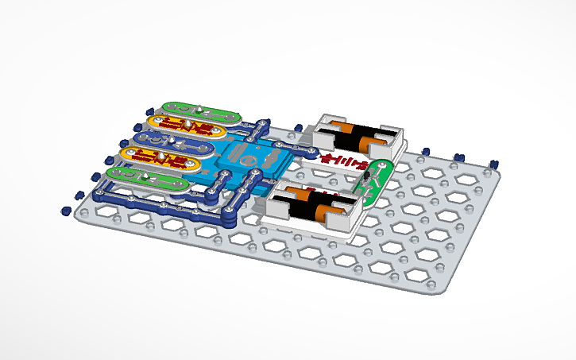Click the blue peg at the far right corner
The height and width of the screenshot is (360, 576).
[493, 165]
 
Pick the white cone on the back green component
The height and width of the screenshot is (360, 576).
[199, 106]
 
